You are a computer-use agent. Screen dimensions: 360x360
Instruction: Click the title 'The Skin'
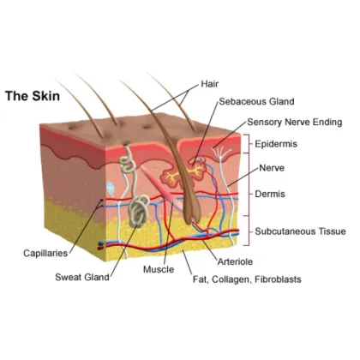pos(33,96)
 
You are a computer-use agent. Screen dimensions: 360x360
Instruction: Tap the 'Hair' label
pos(210,84)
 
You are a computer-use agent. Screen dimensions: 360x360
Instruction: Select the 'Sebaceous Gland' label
pos(256,101)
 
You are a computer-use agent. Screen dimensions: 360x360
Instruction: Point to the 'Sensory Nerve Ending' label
pos(295,122)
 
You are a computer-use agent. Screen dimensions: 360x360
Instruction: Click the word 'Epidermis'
pos(276,144)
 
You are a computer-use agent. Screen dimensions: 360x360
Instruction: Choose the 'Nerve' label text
pos(272,168)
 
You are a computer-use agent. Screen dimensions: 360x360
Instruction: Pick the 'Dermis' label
pos(270,194)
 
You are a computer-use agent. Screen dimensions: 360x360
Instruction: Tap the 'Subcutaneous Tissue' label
pos(300,231)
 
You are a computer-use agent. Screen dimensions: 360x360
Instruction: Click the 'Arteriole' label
pos(235,261)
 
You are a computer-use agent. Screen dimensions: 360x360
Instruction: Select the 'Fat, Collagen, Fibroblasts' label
pos(247,279)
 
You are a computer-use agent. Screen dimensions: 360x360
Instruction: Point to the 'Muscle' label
pos(159,269)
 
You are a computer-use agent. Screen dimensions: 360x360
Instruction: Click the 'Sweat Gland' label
pos(82,277)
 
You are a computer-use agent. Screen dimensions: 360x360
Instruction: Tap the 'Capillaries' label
pos(45,253)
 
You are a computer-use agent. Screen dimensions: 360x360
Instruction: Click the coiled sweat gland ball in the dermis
pos(139,211)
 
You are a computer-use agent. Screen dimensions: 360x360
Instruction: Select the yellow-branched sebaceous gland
pos(183,175)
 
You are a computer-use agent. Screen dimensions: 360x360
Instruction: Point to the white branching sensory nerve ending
pos(221,153)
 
